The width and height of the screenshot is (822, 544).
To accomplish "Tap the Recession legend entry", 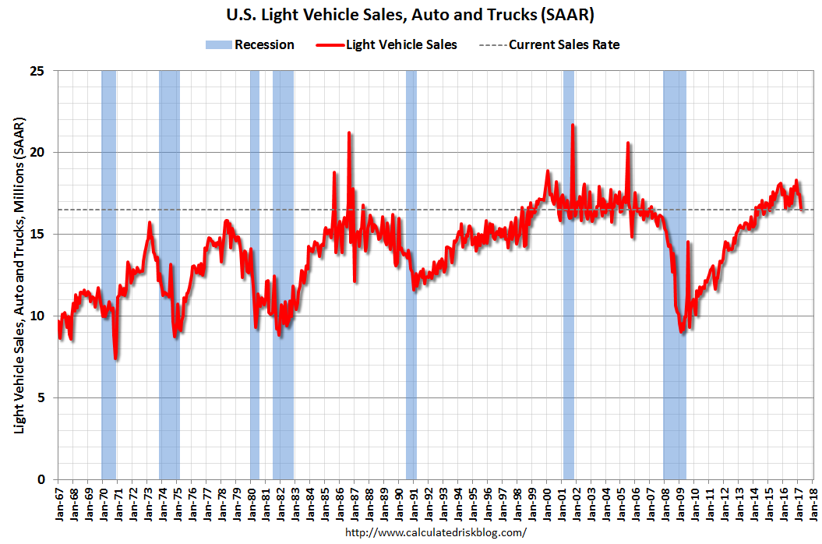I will click(249, 44).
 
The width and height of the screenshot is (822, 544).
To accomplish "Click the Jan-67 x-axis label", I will click(58, 503).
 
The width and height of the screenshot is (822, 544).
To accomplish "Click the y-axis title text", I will click(19, 275).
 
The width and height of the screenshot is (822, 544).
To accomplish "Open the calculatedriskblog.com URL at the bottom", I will click(435, 533).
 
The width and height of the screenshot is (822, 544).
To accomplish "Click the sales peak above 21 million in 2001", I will click(573, 125).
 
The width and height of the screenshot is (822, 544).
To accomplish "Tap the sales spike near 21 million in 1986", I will click(349, 133).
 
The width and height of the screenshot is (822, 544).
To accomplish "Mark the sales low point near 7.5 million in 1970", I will click(115, 358).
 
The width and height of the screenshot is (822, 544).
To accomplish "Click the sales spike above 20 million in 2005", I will click(627, 143).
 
